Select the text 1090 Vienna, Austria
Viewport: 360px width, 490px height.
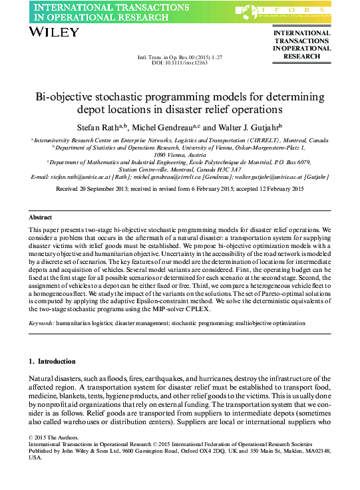180,154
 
